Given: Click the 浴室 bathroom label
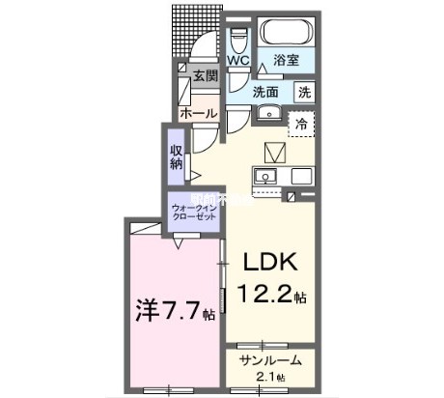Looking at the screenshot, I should point(287,59).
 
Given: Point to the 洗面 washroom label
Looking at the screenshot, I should point(265,93).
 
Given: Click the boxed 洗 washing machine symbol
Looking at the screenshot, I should point(304,93).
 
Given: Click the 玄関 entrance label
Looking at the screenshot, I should point(205,77).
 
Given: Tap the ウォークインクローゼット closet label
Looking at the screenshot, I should point(191,213).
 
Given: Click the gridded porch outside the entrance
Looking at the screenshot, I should point(195,29).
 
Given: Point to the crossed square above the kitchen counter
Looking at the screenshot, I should point(276,151).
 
